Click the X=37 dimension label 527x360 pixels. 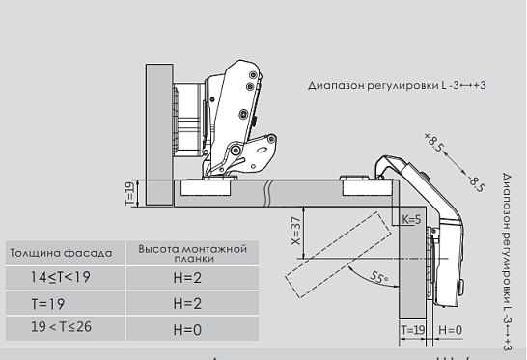point(296,231)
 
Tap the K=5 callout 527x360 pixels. point(411,219)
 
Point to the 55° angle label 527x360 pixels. point(379,277)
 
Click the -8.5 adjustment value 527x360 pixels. point(477,183)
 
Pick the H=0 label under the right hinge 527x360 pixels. point(451,330)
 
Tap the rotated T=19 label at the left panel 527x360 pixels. point(130,193)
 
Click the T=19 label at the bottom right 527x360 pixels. point(413,330)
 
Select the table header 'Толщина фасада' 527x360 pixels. point(61,253)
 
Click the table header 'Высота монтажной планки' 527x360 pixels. point(193,254)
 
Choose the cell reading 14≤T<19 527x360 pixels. point(61,278)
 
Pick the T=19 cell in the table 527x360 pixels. point(47,304)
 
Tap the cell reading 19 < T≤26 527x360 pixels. point(61,327)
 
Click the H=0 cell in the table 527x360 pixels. point(187,330)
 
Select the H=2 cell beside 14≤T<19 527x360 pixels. point(187,278)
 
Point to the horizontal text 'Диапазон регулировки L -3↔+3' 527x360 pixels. point(397,85)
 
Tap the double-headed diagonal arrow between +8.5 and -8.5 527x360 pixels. point(455,163)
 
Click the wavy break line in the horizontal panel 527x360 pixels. point(268,193)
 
